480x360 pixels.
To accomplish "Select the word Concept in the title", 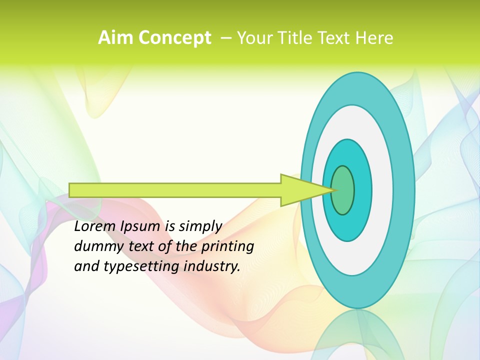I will click(x=174, y=38).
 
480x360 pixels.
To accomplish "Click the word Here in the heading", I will click(x=375, y=38).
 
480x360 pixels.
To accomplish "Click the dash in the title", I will click(x=226, y=38).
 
